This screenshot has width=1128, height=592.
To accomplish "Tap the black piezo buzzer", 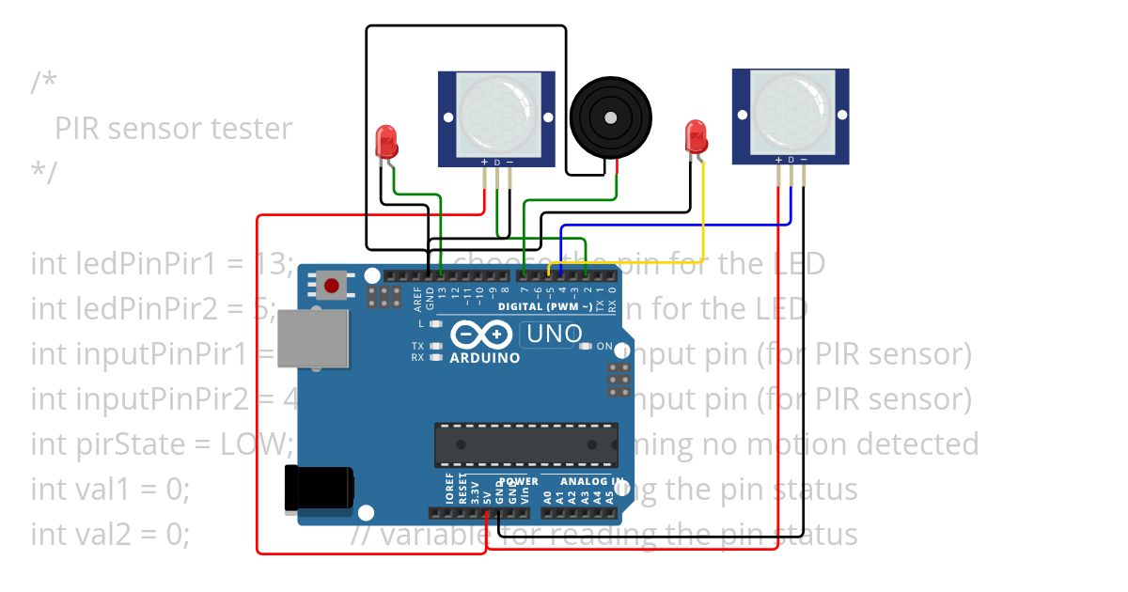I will coord(611,117).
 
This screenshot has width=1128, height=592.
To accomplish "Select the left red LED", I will coord(385,142).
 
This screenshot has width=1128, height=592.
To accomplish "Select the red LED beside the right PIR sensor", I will coord(695,137).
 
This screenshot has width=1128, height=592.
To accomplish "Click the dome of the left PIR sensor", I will coord(496,115).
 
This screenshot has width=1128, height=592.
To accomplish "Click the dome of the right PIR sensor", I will coord(791,111).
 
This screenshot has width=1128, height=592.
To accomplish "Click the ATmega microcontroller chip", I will coord(526,444).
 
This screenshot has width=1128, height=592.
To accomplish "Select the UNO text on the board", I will coord(554,334).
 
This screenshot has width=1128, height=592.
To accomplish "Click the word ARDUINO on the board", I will coord(484,358).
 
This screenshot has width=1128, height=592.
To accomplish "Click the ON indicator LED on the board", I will coord(586,347).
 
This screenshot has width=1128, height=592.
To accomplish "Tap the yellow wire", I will coord(703,226).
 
